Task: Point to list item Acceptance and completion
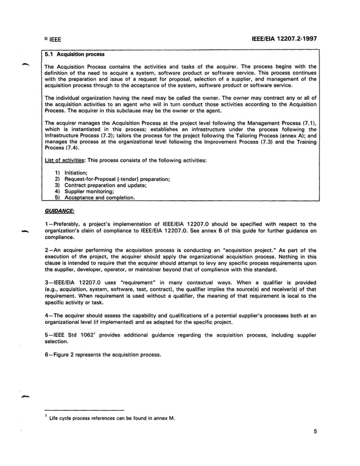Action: [99, 197]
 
